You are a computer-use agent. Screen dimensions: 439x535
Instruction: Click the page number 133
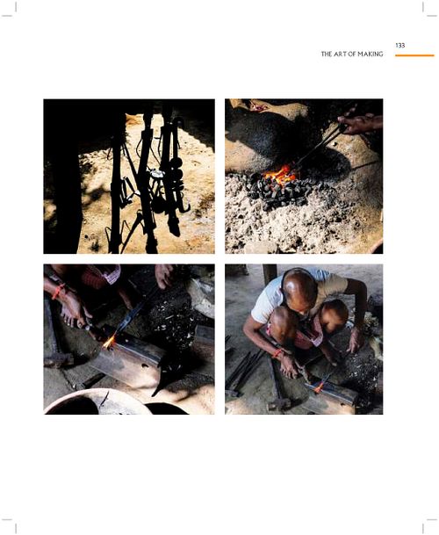399,46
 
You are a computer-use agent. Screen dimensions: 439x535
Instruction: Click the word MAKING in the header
371,54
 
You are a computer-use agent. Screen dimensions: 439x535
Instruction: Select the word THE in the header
326,54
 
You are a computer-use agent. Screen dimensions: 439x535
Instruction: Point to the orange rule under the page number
414,55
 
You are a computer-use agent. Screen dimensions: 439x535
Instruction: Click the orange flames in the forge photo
280,175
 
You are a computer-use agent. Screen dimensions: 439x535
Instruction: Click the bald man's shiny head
299,287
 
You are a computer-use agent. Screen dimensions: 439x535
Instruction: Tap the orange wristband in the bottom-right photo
277,353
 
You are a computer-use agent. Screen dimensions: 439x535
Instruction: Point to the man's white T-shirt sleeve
263,307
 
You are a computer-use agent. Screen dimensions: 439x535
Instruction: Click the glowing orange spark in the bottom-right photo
320,387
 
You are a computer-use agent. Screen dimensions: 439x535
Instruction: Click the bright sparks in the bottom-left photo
110,342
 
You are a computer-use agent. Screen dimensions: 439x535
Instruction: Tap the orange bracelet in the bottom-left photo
58,291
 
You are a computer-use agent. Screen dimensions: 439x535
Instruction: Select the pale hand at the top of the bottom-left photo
165,275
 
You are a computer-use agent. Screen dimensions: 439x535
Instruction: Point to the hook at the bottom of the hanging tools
185,208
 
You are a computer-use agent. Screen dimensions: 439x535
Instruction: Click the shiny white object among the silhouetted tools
157,174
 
